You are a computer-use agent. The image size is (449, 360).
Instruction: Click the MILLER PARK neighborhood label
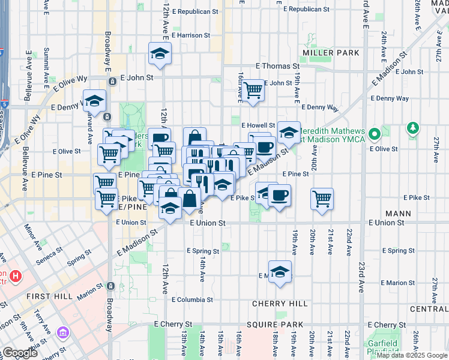[x=331, y=53]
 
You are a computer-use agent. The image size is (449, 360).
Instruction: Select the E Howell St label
[x=258, y=125]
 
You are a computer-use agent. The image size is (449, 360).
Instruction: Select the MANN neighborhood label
[x=399, y=213]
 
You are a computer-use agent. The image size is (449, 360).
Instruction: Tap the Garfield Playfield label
[x=382, y=347]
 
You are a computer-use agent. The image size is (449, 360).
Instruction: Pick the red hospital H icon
[x=16, y=277]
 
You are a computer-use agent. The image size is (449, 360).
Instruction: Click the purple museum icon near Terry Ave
[x=62, y=332]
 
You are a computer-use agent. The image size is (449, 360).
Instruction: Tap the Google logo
[x=20, y=353]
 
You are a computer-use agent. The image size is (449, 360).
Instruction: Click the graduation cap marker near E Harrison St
[x=160, y=53]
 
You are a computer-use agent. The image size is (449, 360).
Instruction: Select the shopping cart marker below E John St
[x=253, y=90]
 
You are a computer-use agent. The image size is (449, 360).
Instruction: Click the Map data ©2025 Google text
[x=412, y=355]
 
